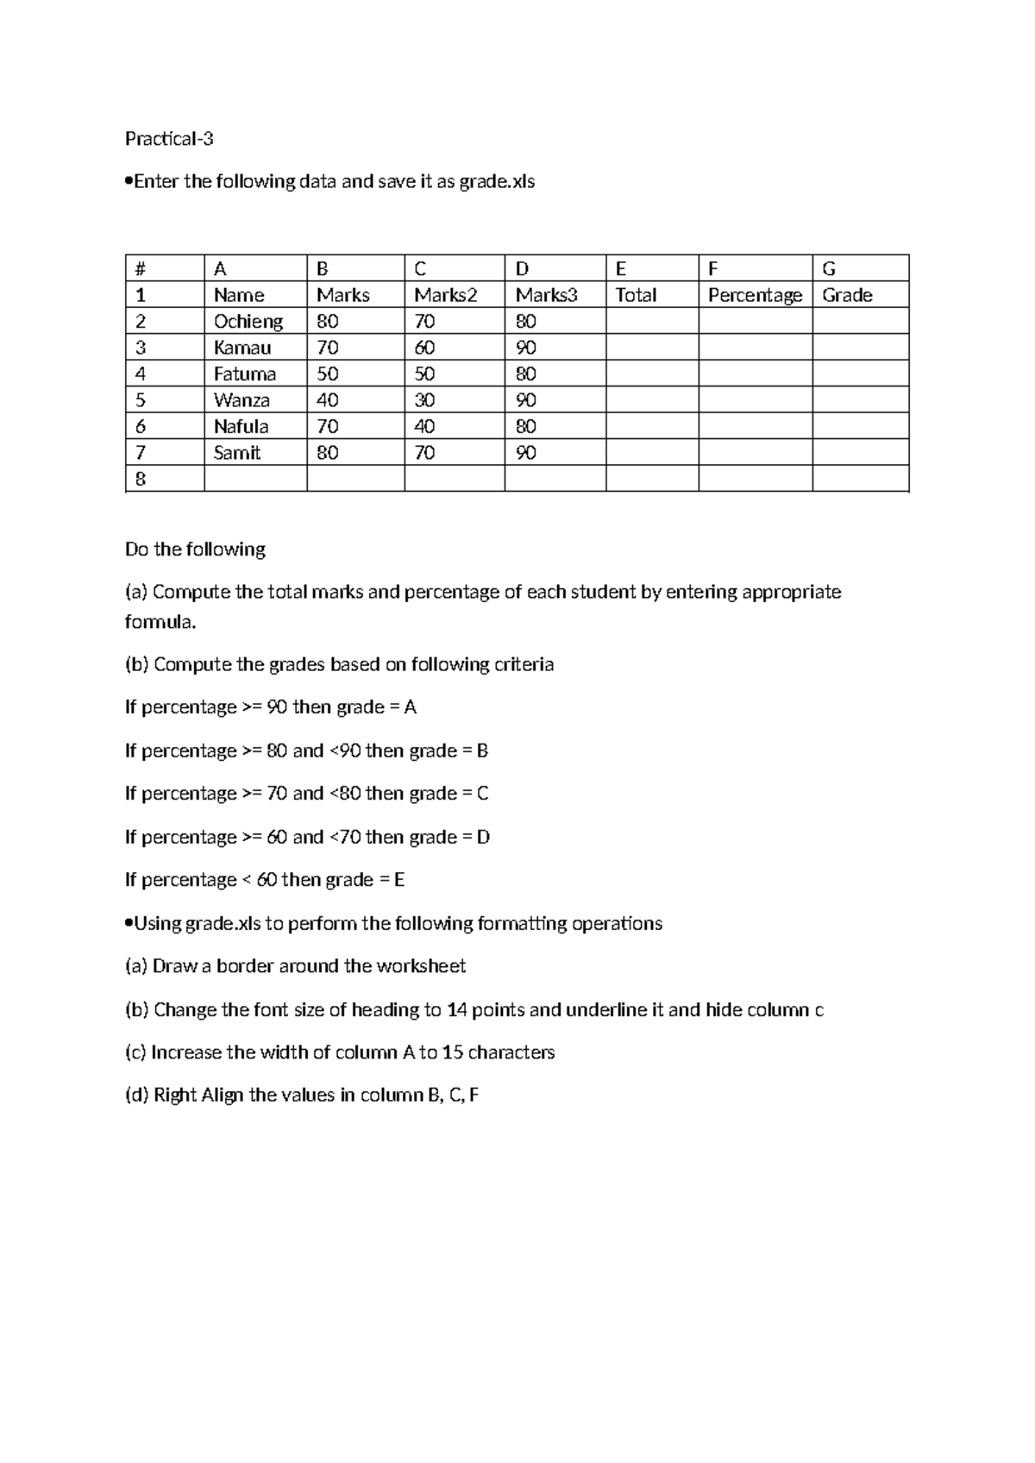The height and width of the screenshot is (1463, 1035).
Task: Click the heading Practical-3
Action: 169,139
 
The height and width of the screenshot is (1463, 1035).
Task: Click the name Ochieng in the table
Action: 248,322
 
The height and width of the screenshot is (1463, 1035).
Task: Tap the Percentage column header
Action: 755,295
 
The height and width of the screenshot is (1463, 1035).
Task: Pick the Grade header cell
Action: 847,295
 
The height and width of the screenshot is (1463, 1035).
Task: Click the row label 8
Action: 141,480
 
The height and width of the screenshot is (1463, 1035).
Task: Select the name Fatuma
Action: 245,374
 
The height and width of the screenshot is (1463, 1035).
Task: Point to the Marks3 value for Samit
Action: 526,453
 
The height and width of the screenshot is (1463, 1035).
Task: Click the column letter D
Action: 522,269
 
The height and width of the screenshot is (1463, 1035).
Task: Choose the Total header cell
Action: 636,295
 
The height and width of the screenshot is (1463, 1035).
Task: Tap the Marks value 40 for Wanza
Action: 328,400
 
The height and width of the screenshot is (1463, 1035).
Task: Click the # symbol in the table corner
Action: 140,269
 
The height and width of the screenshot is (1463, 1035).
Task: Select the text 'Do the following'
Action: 195,549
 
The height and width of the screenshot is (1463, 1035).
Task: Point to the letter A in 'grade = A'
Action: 411,707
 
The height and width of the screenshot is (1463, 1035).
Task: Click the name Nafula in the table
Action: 241,427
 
